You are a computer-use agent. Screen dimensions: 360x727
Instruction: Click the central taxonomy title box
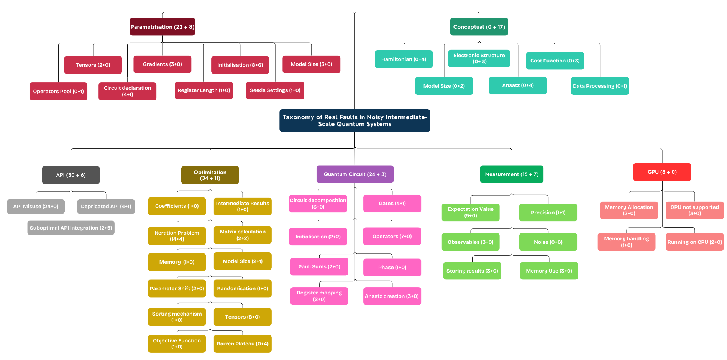[x=354, y=120]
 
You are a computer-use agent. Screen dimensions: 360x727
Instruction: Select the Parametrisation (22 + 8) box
[x=162, y=27]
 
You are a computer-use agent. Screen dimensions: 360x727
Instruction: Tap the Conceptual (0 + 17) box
[x=479, y=27]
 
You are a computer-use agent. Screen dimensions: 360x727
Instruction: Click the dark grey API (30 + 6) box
[x=71, y=175]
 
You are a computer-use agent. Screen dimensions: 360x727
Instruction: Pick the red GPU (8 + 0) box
[x=662, y=172]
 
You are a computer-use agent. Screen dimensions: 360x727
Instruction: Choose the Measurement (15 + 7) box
[x=512, y=174]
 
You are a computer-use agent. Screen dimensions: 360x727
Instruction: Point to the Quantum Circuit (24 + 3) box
[x=355, y=174]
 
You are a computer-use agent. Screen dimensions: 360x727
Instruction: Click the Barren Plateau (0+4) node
[x=243, y=344]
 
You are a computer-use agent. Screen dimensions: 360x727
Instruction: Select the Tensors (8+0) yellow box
[x=243, y=317]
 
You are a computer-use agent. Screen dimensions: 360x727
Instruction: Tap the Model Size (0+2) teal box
[x=444, y=86]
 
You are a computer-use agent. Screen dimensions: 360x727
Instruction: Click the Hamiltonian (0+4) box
[x=404, y=59]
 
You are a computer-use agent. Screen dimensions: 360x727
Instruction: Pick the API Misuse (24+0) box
[x=36, y=206]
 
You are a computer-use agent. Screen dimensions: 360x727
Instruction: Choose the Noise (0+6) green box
[x=548, y=242]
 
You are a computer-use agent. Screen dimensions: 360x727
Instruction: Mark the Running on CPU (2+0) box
[x=694, y=242]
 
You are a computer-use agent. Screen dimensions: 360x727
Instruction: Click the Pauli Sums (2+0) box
[x=319, y=266]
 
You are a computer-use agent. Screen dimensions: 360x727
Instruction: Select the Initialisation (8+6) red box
[x=240, y=65]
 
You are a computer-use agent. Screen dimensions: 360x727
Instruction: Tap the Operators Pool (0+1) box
[x=58, y=91]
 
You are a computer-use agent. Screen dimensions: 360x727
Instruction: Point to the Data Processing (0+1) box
[x=600, y=86]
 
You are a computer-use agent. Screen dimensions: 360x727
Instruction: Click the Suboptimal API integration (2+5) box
[x=71, y=228]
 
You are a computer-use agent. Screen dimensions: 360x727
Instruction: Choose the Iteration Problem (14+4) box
[x=177, y=236]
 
